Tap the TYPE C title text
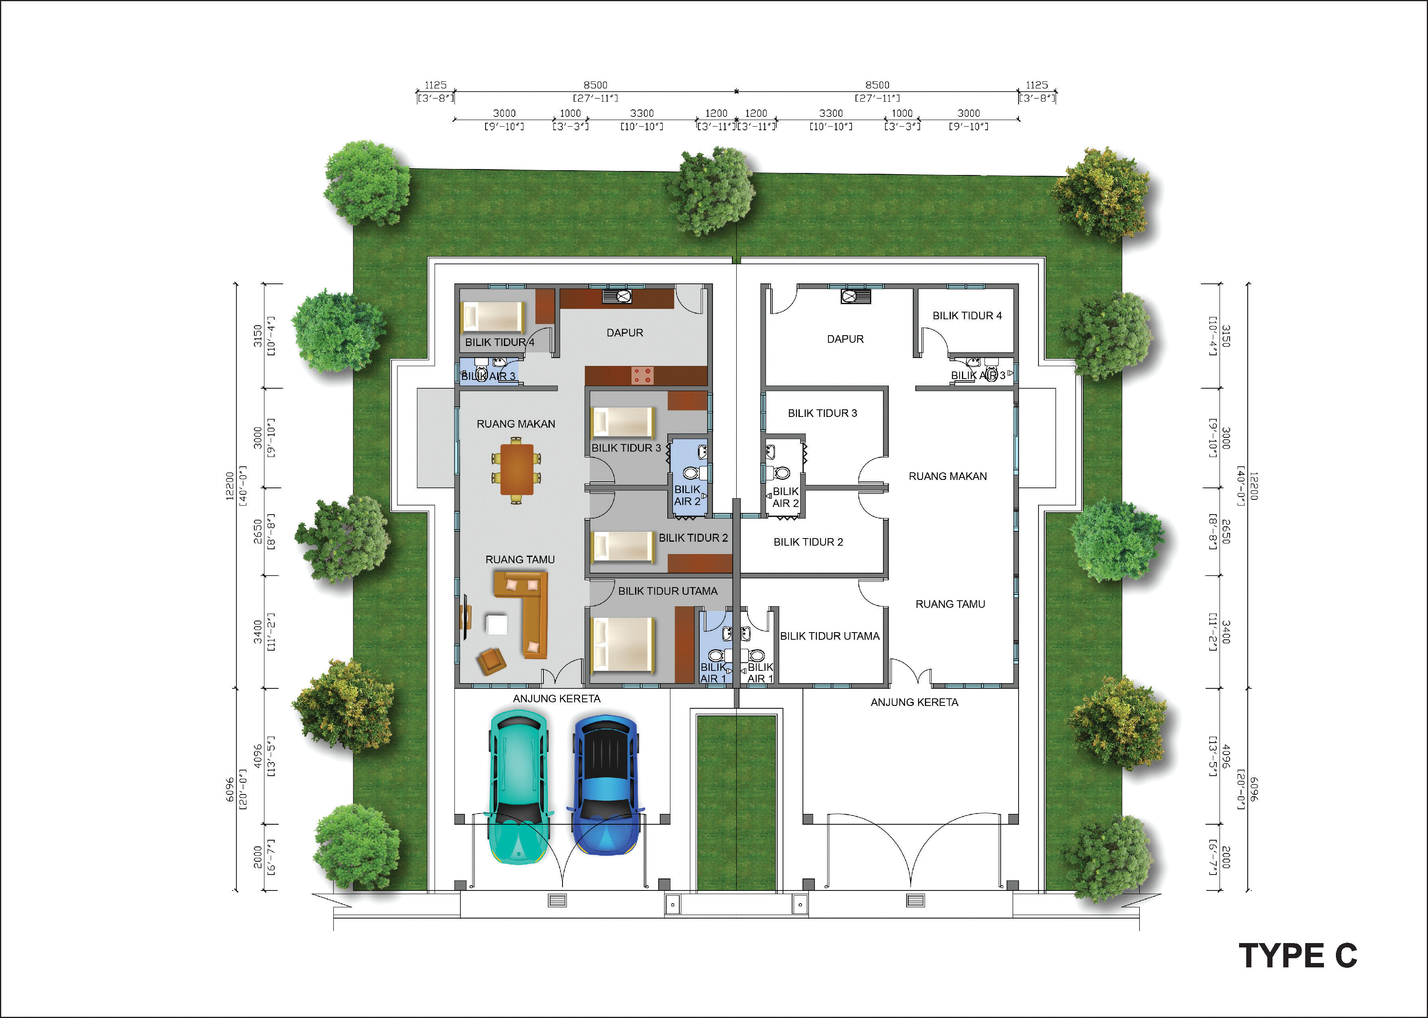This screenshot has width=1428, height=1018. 1298,956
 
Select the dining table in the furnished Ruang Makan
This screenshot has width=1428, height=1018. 517,470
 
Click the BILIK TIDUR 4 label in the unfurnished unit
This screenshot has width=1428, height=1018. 967,316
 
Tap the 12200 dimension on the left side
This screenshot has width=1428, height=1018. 230,486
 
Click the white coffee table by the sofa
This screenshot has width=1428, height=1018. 496,624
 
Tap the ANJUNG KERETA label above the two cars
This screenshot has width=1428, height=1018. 557,698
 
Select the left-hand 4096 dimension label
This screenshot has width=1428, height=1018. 258,756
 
